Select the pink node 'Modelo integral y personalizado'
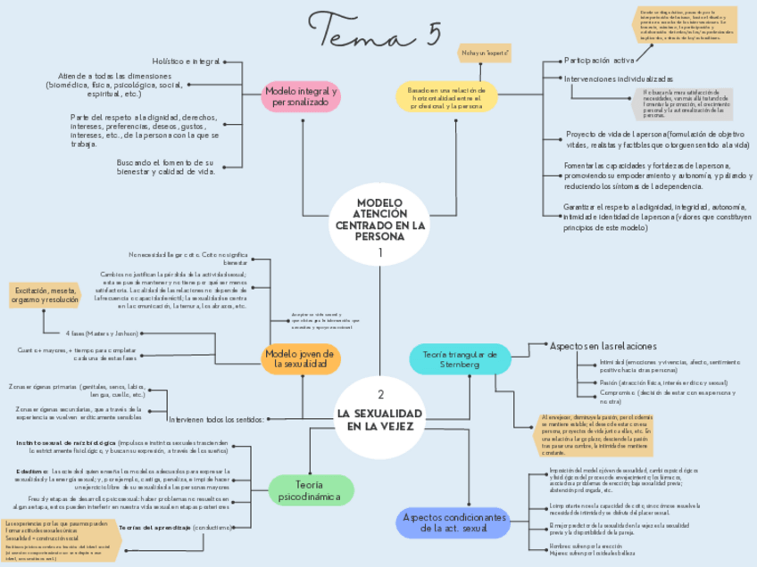click(302, 97)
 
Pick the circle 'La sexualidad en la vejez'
click(379, 415)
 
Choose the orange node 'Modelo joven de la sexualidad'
click(302, 358)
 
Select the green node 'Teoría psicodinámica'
click(311, 489)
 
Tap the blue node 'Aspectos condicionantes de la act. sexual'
click(456, 523)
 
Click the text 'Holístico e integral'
click(186, 62)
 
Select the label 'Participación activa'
click(599, 61)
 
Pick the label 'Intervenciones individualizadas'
click(619, 79)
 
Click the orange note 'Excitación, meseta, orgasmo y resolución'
click(45, 295)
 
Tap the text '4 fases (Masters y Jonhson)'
click(102, 333)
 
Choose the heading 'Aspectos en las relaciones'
click(603, 345)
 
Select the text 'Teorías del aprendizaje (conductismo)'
click(176, 528)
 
